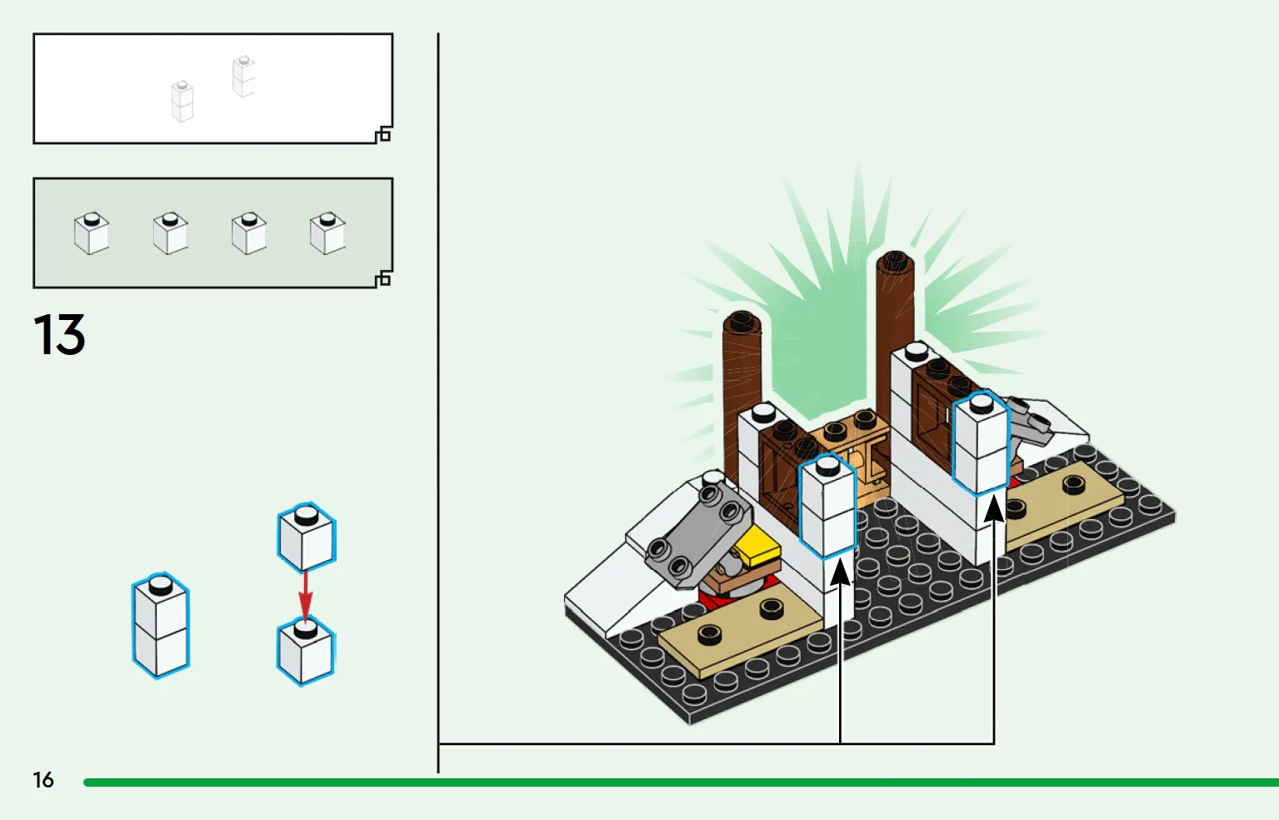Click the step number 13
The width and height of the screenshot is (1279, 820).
[x=59, y=334]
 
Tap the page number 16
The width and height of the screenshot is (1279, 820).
[x=42, y=780]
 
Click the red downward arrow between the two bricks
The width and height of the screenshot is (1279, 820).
[x=306, y=597]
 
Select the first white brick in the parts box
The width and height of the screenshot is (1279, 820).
[x=92, y=233]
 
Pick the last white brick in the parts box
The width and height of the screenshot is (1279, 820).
[x=327, y=233]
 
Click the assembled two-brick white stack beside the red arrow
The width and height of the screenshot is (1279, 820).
[x=161, y=625]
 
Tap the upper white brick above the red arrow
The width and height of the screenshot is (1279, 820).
[x=307, y=537]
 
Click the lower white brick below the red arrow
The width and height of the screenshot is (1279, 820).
[x=306, y=651]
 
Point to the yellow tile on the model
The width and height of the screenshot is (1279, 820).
[x=757, y=546]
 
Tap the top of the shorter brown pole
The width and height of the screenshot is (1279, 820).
[x=742, y=322]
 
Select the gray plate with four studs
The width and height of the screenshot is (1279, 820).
[x=699, y=534]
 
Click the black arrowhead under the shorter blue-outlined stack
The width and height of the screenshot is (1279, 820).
[x=840, y=572]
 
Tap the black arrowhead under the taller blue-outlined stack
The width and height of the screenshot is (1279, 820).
[x=994, y=508]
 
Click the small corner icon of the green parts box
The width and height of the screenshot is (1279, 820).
[x=383, y=278]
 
